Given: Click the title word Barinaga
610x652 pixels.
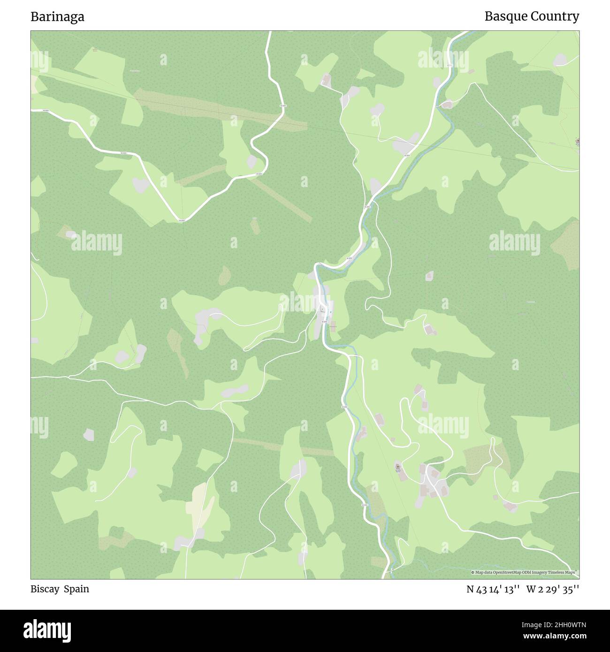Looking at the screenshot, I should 57,17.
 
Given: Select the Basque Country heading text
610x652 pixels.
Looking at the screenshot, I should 532,16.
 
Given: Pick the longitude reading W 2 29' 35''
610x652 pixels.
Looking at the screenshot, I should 553,589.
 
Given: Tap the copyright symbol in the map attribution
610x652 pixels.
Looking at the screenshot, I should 473,572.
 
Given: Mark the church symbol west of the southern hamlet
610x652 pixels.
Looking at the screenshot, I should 398,467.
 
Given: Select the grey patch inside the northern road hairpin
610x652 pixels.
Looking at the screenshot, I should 252,162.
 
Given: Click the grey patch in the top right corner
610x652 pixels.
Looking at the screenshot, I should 560,60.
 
